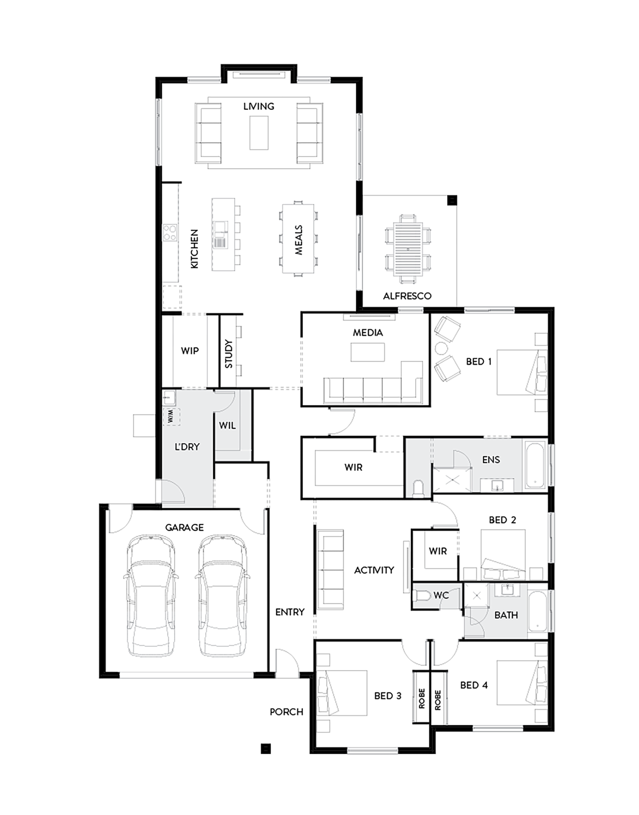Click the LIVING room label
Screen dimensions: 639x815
[x=259, y=106]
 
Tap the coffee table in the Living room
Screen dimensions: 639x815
[x=259, y=133]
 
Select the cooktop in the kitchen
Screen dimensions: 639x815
[x=170, y=232]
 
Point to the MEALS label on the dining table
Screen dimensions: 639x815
[x=298, y=240]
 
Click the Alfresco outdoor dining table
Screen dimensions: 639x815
[x=408, y=249]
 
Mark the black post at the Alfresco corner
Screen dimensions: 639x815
[x=452, y=200]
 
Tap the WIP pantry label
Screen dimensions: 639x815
[x=190, y=351]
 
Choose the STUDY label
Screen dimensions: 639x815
[x=229, y=354]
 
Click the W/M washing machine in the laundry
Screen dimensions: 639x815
[x=171, y=417]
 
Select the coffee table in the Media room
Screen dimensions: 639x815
[x=367, y=353]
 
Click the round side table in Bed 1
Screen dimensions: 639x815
[x=442, y=348]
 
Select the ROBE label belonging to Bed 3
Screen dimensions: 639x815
[x=421, y=698]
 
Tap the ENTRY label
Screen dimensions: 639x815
[x=289, y=612]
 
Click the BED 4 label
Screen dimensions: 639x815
[x=474, y=685]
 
